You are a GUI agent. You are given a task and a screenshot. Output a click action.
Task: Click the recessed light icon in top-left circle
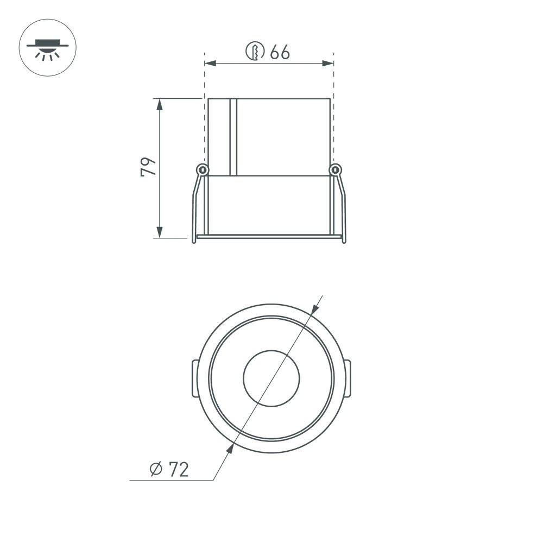[48, 47]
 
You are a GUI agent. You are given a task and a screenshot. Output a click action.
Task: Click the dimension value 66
[280, 53]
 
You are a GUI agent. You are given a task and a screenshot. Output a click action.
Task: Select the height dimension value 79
[148, 167]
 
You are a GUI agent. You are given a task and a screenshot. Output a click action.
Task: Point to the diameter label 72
[178, 469]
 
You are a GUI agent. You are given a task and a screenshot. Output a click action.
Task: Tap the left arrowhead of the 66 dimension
[209, 64]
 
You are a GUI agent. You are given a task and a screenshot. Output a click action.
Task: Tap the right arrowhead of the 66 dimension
[329, 64]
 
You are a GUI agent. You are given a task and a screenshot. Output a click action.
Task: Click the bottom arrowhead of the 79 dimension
[159, 233]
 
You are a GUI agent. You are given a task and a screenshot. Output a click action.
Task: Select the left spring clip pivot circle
[202, 169]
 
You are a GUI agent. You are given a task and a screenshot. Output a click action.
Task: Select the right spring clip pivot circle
[335, 169]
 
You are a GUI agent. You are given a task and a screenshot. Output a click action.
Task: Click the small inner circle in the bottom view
[271, 378]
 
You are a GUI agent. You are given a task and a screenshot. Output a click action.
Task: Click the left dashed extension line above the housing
[205, 76]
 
